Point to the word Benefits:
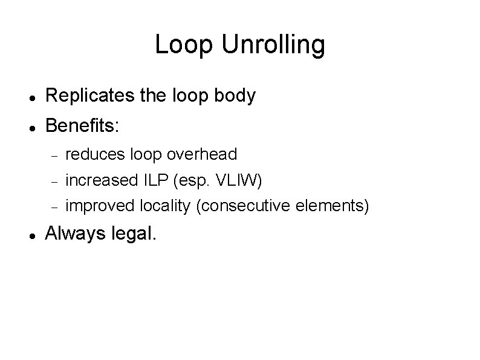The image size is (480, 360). pos(83,126)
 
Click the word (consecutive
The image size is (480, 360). pos(245,206)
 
